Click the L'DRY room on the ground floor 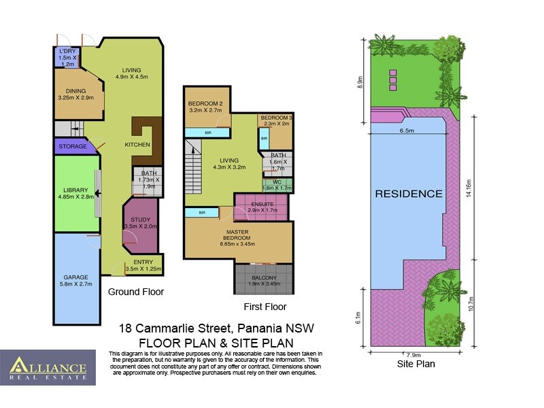pos(67,58)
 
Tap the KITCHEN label pos(137,145)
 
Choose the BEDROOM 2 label pos(205,105)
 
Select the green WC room pos(276,184)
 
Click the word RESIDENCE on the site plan pos(409,193)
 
